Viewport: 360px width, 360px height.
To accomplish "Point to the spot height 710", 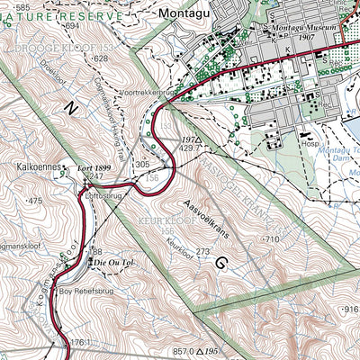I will click(x=271, y=239).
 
